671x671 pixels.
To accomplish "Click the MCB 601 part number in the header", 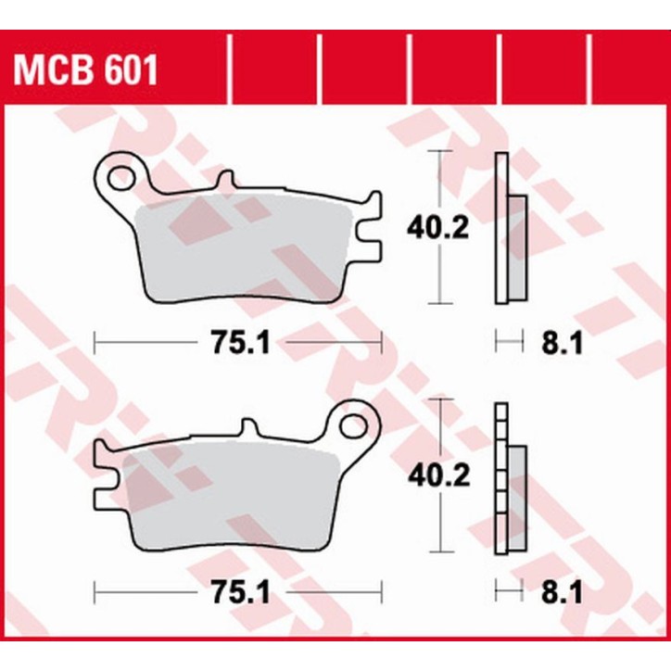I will tap(84, 69).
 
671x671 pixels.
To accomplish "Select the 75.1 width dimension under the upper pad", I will tap(237, 344).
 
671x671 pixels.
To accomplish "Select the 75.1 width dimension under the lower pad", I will tap(237, 591).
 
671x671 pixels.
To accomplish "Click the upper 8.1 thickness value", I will tap(560, 345).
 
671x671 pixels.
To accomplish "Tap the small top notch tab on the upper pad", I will tap(224, 180).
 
